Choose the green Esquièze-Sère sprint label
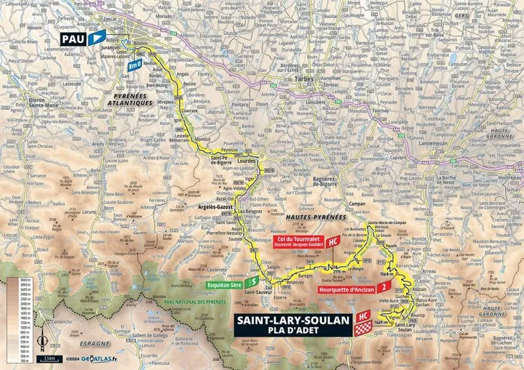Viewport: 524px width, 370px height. tap(225, 285)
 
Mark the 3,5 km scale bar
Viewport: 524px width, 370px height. tap(50, 359)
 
